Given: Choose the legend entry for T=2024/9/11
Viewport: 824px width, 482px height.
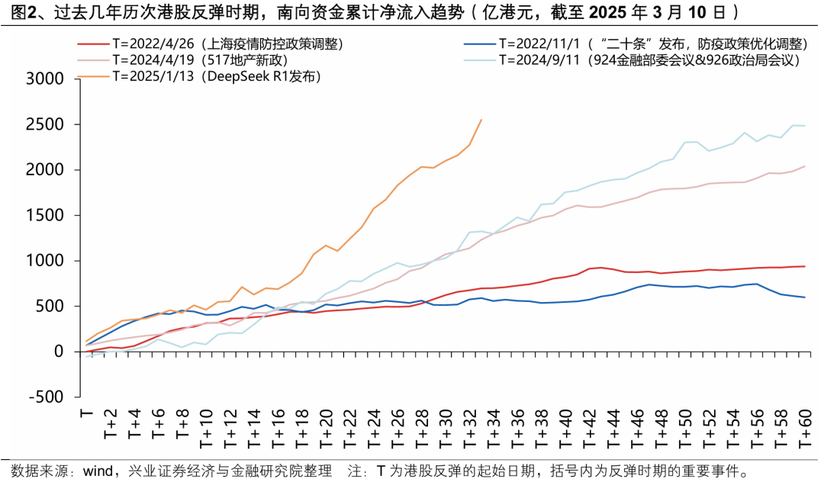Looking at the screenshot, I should (x=649, y=60).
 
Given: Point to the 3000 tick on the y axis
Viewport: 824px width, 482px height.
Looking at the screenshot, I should (x=45, y=79).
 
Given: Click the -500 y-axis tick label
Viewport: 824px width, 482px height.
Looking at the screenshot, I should (x=45, y=397).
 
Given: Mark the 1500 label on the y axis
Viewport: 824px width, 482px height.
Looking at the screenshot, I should (x=45, y=215).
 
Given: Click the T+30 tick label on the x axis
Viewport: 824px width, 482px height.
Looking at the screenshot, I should (x=446, y=431).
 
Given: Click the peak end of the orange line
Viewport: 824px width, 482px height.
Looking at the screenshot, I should (x=481, y=119).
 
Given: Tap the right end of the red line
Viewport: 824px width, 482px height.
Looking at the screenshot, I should (x=805, y=266).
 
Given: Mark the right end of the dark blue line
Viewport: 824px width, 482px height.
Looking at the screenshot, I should (x=805, y=297).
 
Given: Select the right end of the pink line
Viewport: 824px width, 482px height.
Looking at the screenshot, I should (x=805, y=166).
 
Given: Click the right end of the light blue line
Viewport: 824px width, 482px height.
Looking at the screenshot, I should (x=805, y=126).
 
